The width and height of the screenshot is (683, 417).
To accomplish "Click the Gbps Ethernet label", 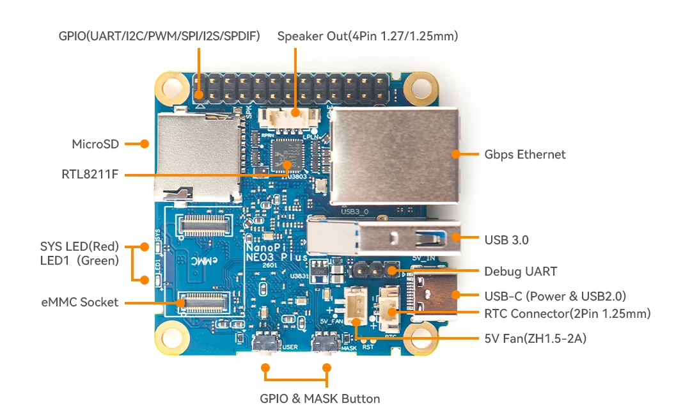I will click(524, 154).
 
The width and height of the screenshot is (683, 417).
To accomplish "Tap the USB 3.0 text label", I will click(506, 240).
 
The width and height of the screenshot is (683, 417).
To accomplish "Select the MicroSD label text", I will click(95, 144).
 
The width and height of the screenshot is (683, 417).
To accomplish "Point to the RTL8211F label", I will click(90, 173).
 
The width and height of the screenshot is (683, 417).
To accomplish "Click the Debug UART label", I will click(520, 272).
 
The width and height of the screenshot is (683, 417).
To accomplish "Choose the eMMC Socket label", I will click(79, 302).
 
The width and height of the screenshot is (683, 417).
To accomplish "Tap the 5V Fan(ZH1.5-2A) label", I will click(535, 338).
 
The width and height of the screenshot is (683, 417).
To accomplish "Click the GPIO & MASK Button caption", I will click(320, 399).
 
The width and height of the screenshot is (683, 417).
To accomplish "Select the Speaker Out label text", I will click(368, 36).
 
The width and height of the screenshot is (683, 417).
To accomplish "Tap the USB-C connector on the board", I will click(435, 295).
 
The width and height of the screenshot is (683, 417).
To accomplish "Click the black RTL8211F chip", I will click(286, 152).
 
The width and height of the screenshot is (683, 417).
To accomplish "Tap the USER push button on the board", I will click(266, 345).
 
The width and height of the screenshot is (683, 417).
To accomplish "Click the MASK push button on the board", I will click(326, 345).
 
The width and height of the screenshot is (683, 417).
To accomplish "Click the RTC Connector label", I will click(567, 313).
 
